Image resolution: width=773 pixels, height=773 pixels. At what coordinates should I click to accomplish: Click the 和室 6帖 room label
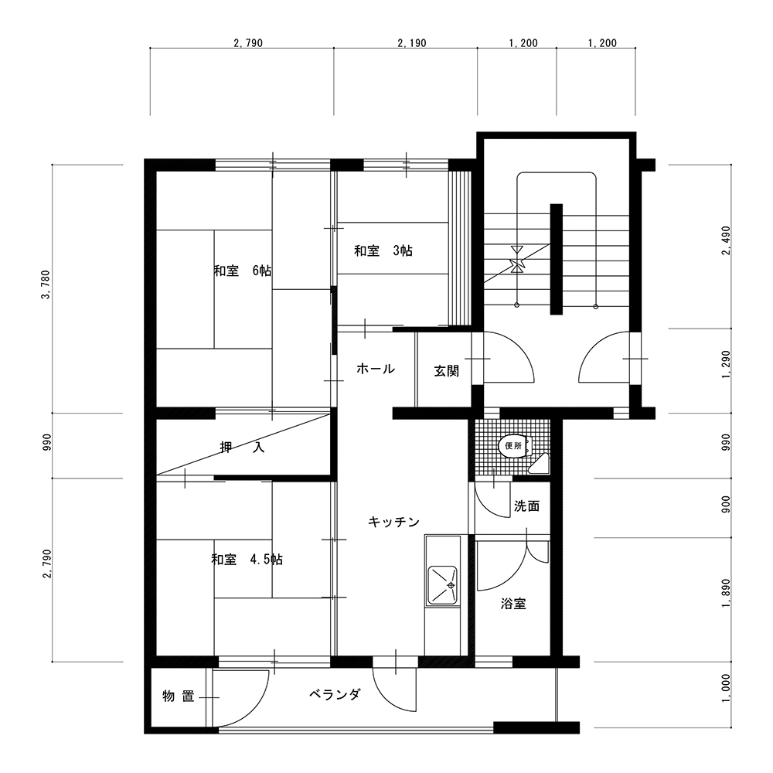point(243,271)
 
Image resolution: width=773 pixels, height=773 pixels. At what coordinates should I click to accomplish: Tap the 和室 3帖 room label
point(383,250)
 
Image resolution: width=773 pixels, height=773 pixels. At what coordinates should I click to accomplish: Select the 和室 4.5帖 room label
point(247,560)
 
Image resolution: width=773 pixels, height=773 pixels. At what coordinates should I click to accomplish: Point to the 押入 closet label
point(242,447)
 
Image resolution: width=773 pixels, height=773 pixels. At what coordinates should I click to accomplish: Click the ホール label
point(376,368)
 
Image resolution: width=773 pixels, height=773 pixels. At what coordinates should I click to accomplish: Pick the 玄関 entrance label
point(447,371)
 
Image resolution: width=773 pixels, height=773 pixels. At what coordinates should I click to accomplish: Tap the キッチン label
point(394,522)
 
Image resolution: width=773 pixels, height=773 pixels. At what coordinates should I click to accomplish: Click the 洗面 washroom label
point(526,506)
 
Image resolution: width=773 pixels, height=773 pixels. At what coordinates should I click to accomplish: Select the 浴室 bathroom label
point(513,604)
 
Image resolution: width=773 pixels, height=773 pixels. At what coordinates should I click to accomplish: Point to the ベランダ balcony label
point(335,695)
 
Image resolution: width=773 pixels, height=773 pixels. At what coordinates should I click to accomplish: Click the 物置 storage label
point(179,696)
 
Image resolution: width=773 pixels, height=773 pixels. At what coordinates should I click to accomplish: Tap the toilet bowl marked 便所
point(515,446)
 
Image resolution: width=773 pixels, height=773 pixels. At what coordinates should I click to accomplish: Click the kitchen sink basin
point(442,585)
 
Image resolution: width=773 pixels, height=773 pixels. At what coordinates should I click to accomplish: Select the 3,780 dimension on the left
point(46,285)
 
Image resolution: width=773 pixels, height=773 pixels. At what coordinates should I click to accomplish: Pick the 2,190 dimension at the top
point(412,43)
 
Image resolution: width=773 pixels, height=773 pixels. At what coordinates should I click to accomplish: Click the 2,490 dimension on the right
point(726,240)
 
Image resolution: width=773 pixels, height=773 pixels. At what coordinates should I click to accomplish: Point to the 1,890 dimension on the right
point(726,593)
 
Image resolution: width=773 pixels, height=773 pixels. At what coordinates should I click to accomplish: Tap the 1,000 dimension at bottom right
point(726,689)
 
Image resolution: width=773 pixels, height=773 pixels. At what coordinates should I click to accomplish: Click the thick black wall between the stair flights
point(556,259)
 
